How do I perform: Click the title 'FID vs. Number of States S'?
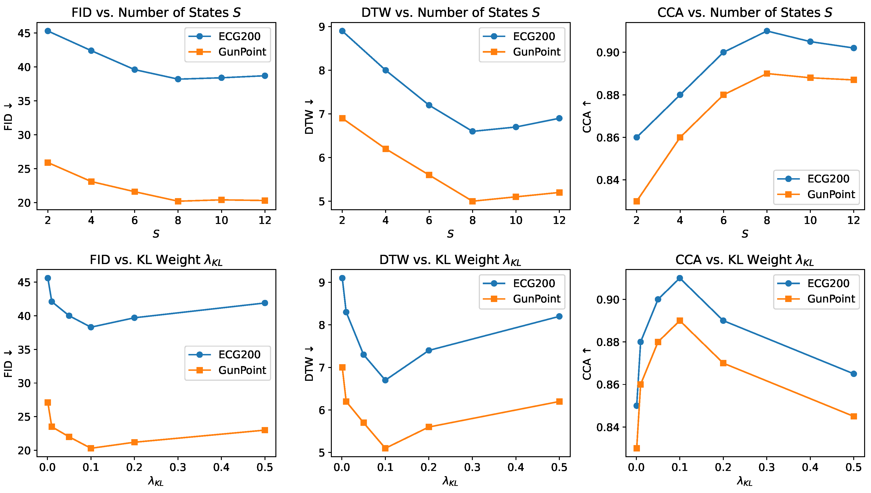(156, 13)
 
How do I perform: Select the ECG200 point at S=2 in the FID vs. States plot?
(48, 31)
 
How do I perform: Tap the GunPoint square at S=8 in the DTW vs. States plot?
(473, 201)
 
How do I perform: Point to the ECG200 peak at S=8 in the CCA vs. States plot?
(767, 31)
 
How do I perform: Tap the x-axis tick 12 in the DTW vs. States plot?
(559, 220)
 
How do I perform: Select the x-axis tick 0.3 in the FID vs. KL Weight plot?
(178, 468)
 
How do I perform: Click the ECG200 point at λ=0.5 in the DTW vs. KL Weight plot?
(559, 316)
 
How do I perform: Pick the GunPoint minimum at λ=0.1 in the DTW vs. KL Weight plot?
(385, 448)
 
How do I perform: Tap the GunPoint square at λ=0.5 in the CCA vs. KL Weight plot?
(854, 416)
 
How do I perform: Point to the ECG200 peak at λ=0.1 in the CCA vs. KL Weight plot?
(680, 278)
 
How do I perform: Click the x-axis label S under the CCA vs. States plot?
(745, 234)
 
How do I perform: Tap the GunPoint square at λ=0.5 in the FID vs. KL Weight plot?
(265, 430)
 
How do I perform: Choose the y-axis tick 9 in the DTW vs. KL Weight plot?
(322, 282)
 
